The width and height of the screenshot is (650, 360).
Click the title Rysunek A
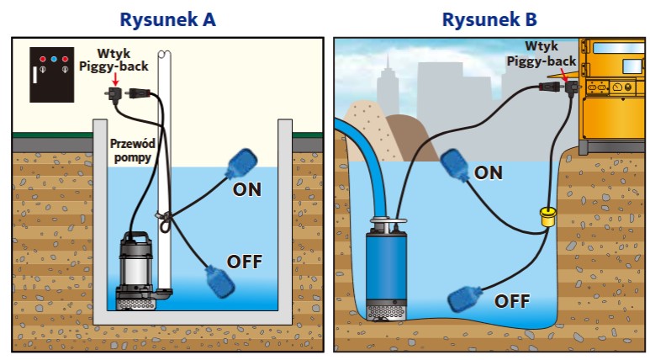tap(167, 19)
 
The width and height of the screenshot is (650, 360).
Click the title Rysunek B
tap(490, 19)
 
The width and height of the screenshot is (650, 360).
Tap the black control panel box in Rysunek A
tap(51, 71)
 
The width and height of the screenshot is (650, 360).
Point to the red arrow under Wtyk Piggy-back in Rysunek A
tap(114, 79)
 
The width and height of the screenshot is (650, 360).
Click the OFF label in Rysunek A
tap(245, 262)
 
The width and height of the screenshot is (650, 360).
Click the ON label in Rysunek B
tap(489, 172)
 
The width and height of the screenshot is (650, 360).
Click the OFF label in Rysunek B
tap(512, 300)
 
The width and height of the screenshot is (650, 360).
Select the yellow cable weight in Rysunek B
tap(549, 219)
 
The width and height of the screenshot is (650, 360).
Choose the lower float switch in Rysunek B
tap(466, 298)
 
